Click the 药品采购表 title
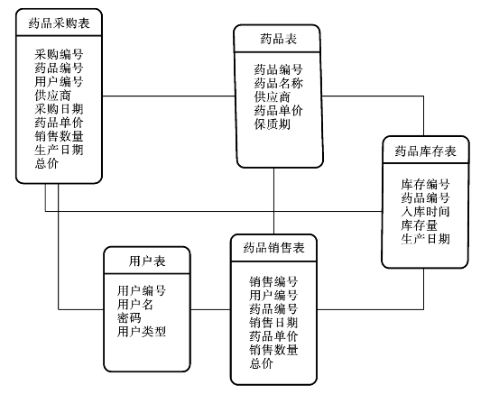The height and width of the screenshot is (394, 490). [59, 23]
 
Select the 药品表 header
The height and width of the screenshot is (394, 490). [279, 39]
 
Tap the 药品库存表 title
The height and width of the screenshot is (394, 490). [425, 151]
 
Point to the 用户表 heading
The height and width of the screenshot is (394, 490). [147, 261]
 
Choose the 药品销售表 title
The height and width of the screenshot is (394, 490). [273, 248]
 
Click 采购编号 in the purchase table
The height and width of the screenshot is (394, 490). [59, 54]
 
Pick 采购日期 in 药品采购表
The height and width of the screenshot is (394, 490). [59, 109]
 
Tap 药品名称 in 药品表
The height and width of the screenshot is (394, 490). [279, 83]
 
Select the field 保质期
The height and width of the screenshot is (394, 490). [273, 124]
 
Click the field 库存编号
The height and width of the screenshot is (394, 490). [425, 184]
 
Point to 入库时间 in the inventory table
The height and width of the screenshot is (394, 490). [425, 212]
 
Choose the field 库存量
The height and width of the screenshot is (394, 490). [419, 225]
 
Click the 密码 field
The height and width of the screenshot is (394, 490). [129, 318]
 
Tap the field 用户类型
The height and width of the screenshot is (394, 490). [142, 332]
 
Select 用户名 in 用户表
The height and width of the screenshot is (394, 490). [135, 304]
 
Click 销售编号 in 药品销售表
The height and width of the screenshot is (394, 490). [273, 281]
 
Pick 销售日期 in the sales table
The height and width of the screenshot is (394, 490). [273, 323]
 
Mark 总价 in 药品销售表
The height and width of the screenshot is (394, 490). [262, 363]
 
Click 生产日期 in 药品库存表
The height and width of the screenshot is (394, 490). [425, 239]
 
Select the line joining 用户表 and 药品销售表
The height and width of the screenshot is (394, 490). [210, 310]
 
